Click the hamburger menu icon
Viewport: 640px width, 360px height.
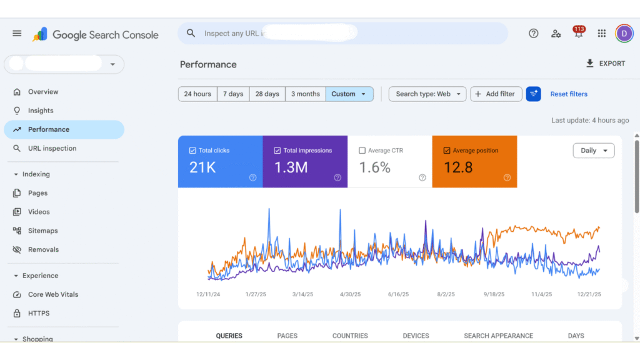click(17, 34)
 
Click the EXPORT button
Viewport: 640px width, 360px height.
click(605, 64)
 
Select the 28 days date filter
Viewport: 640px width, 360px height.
click(267, 94)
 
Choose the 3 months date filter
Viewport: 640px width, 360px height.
click(306, 94)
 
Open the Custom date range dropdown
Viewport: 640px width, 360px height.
click(349, 94)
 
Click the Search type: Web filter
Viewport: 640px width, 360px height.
click(427, 94)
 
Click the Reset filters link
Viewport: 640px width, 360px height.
click(569, 94)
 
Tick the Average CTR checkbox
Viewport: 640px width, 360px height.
click(362, 151)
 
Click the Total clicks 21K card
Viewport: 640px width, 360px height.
click(220, 161)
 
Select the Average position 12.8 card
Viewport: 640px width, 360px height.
click(474, 161)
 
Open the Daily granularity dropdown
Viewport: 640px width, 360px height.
click(593, 151)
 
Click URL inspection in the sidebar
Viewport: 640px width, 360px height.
click(52, 149)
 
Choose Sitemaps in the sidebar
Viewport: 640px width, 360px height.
click(42, 231)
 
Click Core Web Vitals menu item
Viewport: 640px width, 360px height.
click(53, 294)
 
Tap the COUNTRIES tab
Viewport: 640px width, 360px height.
click(350, 336)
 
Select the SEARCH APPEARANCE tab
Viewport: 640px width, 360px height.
click(498, 336)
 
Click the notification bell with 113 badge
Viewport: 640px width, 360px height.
click(579, 34)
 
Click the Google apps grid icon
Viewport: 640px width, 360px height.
click(601, 34)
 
